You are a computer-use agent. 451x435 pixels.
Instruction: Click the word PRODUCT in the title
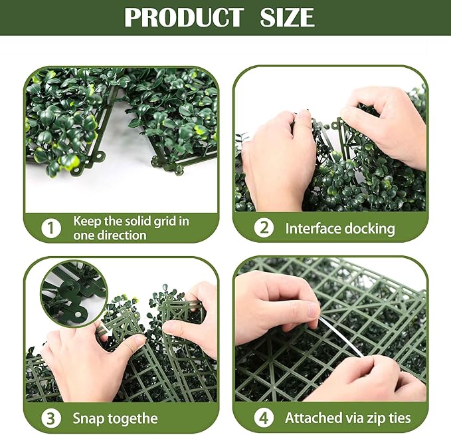183,17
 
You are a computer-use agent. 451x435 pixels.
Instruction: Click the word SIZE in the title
288,17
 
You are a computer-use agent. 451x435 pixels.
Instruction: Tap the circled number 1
51,228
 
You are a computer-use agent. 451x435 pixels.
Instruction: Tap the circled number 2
264,228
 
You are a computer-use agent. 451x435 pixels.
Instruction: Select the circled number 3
51,419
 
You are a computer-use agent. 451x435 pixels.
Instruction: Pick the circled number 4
264,419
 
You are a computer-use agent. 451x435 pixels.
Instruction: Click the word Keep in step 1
87,221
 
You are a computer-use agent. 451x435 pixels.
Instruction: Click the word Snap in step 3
88,419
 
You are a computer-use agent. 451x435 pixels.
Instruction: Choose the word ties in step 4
399,419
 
